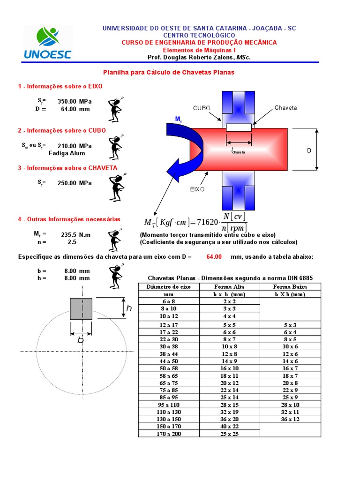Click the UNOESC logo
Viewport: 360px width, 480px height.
tap(47, 43)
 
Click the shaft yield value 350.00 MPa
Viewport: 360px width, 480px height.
tap(75, 101)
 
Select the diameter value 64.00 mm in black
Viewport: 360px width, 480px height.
tap(75, 109)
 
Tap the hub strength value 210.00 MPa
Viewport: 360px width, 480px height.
tap(75, 146)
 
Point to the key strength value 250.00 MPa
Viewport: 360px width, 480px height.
tap(75, 183)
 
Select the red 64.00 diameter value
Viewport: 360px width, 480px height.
tap(215, 257)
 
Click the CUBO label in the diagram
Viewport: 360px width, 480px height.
tap(202, 108)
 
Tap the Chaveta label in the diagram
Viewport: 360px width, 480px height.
tap(285, 108)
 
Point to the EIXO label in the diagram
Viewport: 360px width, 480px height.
tap(198, 189)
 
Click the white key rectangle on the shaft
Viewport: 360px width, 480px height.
tap(239, 127)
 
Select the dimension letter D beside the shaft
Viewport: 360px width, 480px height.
tap(309, 150)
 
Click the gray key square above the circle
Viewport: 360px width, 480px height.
tap(81, 308)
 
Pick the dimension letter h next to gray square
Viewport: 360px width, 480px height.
tap(129, 308)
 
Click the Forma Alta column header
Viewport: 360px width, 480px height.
tap(229, 287)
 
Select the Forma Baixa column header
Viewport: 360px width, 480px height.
tap(290, 287)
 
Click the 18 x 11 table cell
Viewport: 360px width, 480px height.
tap(229, 376)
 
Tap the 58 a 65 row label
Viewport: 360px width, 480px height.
tap(168, 376)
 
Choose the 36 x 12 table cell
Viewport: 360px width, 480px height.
tap(290, 419)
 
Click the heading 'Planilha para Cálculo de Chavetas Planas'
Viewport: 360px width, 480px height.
tap(168, 73)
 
